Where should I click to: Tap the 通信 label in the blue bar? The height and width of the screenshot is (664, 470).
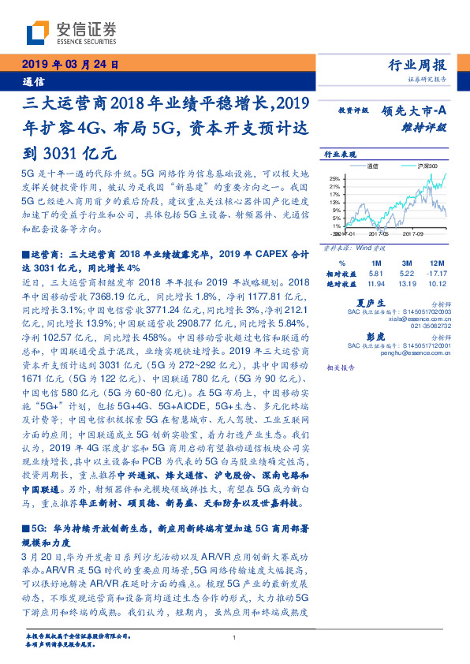33,80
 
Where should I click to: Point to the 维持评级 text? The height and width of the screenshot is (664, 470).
427,126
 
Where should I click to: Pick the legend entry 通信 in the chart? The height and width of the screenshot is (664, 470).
374,166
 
